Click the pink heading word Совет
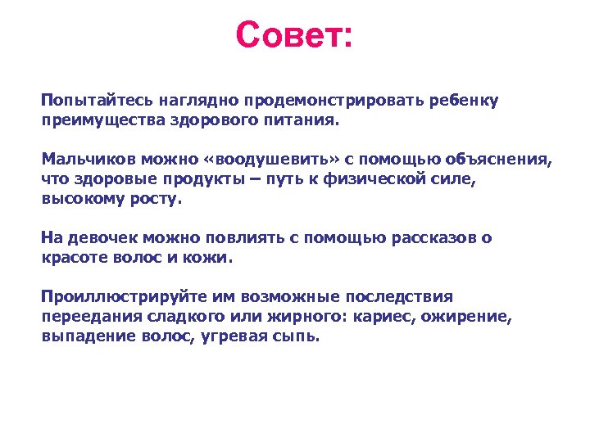tap(293, 35)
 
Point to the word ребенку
tap(463, 100)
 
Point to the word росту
tap(161, 198)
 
